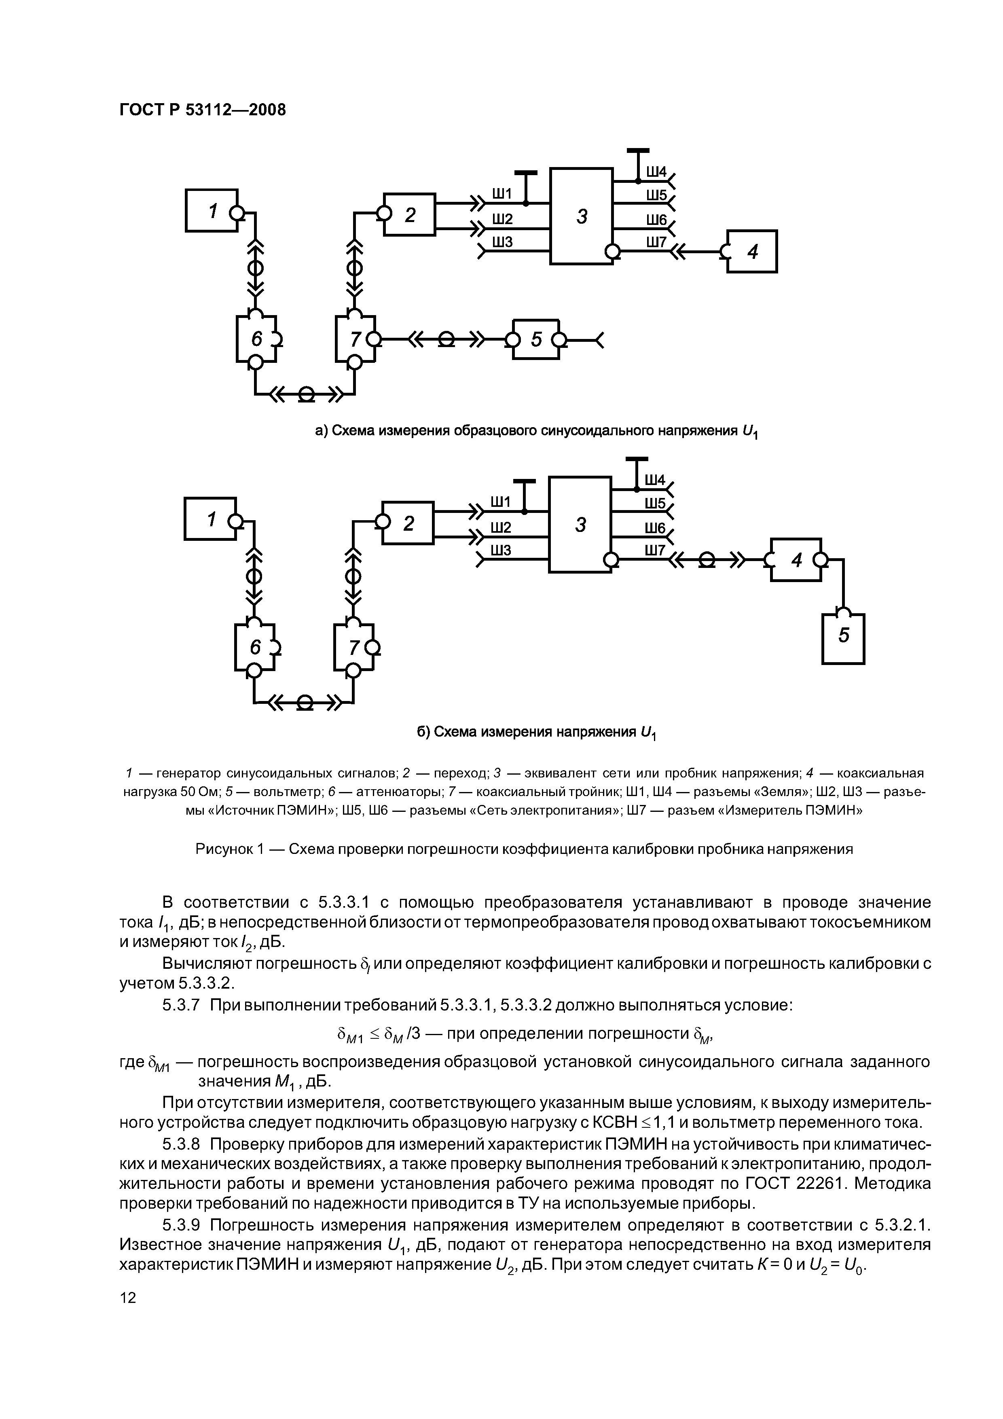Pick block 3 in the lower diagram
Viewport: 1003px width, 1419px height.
[580, 524]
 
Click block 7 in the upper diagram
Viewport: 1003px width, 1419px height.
[355, 339]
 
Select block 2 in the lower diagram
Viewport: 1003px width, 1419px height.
[408, 523]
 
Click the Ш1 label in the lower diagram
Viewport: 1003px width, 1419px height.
[501, 502]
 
